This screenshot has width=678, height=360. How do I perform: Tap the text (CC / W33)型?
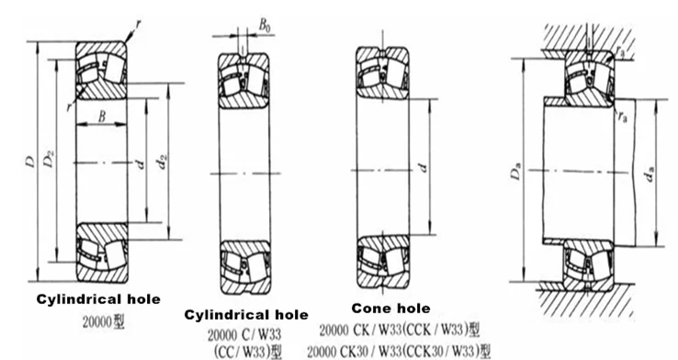[246, 351]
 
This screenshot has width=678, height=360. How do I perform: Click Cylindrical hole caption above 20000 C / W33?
[246, 315]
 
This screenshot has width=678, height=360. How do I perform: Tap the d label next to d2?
[140, 165]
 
